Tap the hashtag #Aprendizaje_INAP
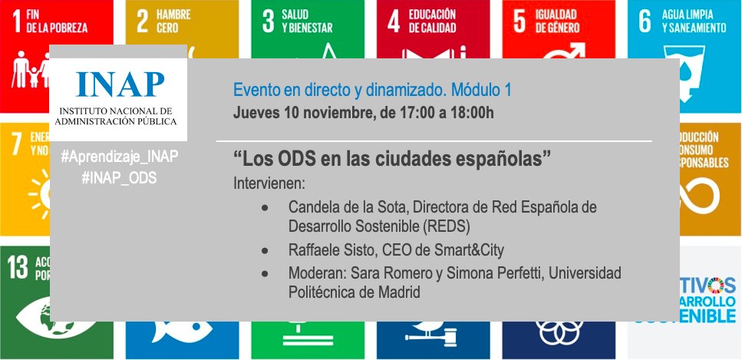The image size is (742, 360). pyautogui.click(x=119, y=157)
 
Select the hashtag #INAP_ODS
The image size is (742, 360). pyautogui.click(x=119, y=177)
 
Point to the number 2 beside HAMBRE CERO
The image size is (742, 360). pyautogui.click(x=142, y=21)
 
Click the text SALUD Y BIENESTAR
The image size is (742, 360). pyautogui.click(x=307, y=21)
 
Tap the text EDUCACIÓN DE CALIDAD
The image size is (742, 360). pyautogui.click(x=432, y=21)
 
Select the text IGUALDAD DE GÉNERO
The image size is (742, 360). pyautogui.click(x=559, y=21)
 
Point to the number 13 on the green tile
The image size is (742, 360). pyautogui.click(x=18, y=267)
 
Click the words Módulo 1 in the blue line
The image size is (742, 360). pyautogui.click(x=481, y=90)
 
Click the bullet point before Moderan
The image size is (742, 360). pyautogui.click(x=265, y=273)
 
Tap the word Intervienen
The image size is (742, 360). pyautogui.click(x=269, y=184)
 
